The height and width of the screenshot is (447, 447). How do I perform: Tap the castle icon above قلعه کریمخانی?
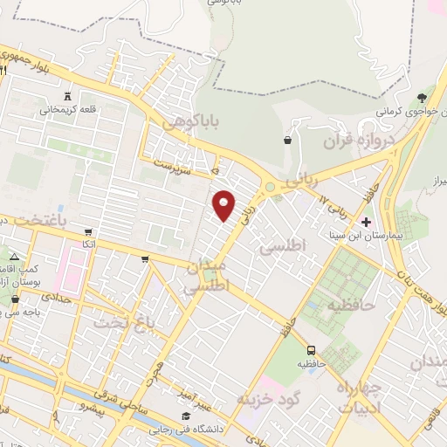click(x=67, y=95)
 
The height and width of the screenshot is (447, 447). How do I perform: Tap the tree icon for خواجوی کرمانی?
click(x=423, y=97)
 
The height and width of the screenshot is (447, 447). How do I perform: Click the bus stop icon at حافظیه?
click(x=312, y=350)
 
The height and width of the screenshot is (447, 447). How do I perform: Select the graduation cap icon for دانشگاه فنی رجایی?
click(x=184, y=416)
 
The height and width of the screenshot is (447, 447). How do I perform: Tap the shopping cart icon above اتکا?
click(x=88, y=232)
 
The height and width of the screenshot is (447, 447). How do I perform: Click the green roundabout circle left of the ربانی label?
click(x=272, y=185)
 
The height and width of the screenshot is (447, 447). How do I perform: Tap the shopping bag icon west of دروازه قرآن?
click(x=287, y=139)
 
